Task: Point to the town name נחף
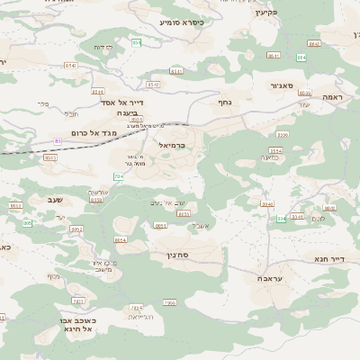click(x=225, y=103)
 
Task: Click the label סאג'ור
click(x=282, y=85)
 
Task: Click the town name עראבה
click(x=271, y=280)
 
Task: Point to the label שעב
click(x=56, y=200)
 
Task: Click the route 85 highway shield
click(x=58, y=141)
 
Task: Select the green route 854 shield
click(x=136, y=42)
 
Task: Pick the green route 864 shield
click(x=301, y=57)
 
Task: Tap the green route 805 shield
click(x=27, y=222)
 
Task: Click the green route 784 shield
click(x=118, y=176)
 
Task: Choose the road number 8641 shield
click(x=274, y=56)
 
